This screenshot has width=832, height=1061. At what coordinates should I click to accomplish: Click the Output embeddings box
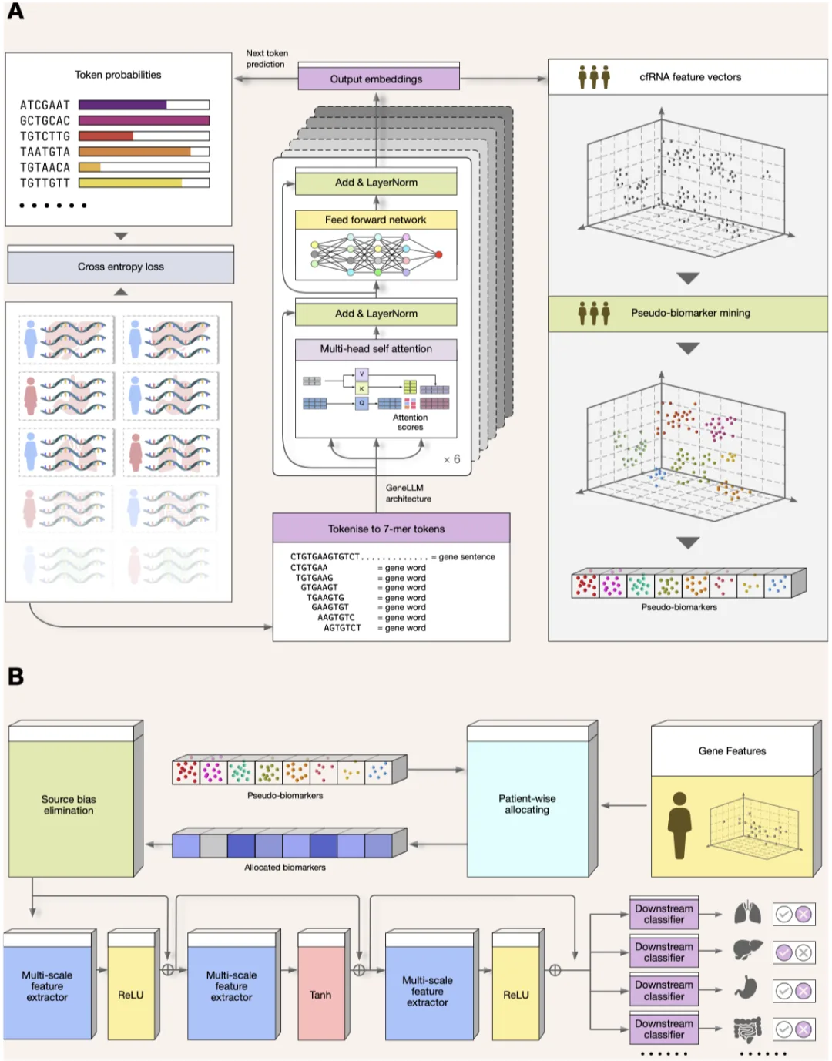[378, 78]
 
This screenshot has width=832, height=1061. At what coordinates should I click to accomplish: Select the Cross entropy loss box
[120, 267]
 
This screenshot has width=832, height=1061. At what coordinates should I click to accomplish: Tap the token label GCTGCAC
[45, 121]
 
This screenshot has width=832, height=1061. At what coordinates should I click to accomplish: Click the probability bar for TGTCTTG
[144, 136]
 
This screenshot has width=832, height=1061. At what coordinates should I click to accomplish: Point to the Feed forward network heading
[376, 220]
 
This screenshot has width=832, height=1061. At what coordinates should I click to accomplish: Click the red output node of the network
[438, 254]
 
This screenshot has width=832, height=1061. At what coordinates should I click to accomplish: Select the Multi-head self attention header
[376, 349]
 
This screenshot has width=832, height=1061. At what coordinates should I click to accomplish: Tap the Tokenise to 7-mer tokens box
[391, 529]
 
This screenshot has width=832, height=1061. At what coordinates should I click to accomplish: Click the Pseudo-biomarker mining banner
[688, 314]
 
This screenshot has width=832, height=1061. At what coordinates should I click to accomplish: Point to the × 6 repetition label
[451, 459]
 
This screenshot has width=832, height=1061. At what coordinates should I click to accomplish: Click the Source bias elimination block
[71, 808]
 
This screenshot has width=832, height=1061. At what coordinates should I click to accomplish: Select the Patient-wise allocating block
[528, 808]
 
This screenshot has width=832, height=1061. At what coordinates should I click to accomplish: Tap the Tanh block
[320, 995]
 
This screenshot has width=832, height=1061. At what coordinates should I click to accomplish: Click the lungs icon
[747, 914]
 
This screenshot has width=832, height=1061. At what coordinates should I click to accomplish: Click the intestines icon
[747, 1029]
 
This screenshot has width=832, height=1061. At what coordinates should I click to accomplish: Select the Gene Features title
[732, 751]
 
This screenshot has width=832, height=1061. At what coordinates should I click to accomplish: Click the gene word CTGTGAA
[309, 567]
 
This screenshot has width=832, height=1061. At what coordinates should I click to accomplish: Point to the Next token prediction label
[267, 59]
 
